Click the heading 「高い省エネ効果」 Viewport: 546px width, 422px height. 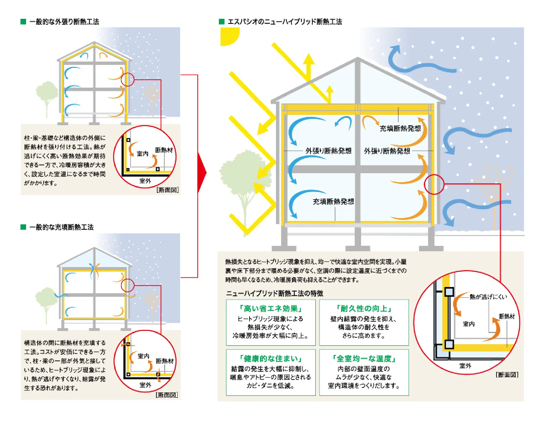coord(271,309)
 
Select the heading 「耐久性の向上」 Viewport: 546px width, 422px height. coord(364,309)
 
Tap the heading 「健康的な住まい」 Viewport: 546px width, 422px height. coord(271,359)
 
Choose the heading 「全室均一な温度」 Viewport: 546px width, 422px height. coord(364,359)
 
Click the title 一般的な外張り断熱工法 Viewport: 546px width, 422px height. coord(64,22)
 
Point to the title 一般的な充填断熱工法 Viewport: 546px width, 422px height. coord(62,227)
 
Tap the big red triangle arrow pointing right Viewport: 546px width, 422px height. coord(202,173)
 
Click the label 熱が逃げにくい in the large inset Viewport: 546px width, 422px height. coord(488,297)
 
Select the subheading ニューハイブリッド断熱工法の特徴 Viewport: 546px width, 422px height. coord(275,293)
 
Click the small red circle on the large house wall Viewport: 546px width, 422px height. coord(434,184)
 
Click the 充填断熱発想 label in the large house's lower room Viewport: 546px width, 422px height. coord(333,202)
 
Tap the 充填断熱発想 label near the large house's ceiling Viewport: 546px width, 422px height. coord(400,128)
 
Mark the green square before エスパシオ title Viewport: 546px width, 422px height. coord(222,22)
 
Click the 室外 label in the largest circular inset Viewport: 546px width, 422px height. coord(465,366)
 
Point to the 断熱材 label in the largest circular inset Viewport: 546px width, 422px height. coord(507,316)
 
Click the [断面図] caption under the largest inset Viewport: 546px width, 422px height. coord(507,375)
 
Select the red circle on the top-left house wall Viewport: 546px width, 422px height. coord(128,79)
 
